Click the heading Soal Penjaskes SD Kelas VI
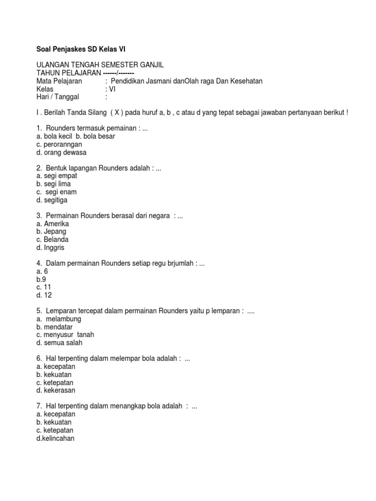coord(84,49)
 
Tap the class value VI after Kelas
coord(111,89)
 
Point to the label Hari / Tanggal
coord(58,97)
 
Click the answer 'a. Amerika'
coord(52,224)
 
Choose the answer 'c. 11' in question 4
coord(44,287)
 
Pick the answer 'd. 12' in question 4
coord(44,295)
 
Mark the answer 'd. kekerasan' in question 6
coord(56,390)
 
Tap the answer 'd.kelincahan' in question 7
coord(55,438)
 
